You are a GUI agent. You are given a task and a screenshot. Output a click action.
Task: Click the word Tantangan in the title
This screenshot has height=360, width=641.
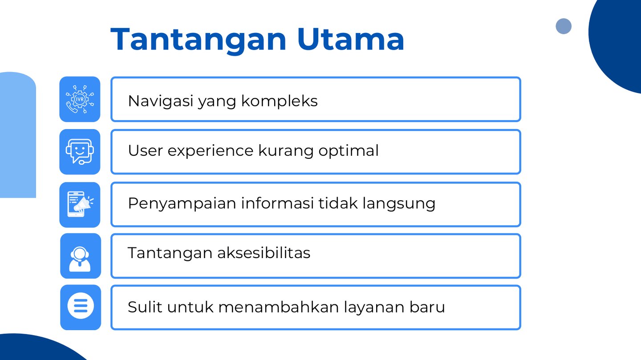[x=199, y=40]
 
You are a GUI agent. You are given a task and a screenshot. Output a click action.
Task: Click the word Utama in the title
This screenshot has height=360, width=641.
[x=351, y=39]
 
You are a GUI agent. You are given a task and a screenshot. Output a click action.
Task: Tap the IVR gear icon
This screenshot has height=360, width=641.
[x=80, y=99]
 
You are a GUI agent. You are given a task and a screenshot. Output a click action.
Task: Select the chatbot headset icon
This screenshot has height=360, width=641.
[x=80, y=152]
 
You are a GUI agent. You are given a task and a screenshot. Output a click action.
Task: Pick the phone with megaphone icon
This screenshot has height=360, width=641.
[x=80, y=204]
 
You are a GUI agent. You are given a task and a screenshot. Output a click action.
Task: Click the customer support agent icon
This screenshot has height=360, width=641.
[x=80, y=259]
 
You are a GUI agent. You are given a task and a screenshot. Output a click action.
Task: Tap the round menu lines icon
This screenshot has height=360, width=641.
[x=81, y=306]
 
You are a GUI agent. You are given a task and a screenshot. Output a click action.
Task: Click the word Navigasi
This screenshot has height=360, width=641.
[x=161, y=101]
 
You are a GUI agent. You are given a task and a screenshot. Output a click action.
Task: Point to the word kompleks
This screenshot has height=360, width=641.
[x=279, y=101]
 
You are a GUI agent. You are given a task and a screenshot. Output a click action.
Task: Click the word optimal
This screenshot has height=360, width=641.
[x=348, y=150]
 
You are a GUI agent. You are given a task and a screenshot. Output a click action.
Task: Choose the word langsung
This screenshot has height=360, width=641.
[x=399, y=204]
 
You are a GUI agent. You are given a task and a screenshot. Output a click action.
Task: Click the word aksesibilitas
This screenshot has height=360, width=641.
[x=264, y=253]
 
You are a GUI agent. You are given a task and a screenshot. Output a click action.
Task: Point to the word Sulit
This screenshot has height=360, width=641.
[x=145, y=307]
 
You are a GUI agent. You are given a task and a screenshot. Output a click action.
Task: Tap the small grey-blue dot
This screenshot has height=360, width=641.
[x=564, y=26]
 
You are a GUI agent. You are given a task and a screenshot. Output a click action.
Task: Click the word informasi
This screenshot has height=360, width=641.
[x=277, y=203]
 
